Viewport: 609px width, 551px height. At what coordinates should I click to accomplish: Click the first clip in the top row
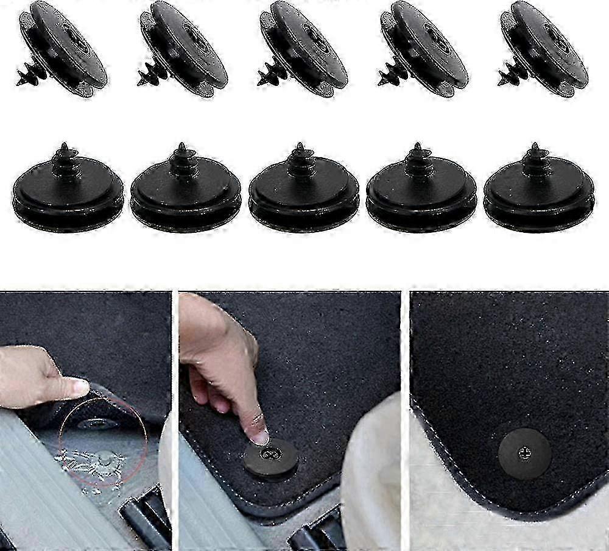tap(64, 49)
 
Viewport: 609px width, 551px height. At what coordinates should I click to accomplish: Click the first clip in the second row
tap(67, 189)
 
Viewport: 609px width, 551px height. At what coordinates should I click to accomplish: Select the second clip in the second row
tap(185, 189)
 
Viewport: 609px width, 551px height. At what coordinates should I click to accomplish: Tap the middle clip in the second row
tap(303, 189)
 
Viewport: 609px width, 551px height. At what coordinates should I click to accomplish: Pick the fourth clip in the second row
tap(421, 189)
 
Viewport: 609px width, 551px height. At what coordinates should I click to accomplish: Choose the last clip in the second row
tap(538, 189)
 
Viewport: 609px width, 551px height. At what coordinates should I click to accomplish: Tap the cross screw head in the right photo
tap(524, 453)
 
